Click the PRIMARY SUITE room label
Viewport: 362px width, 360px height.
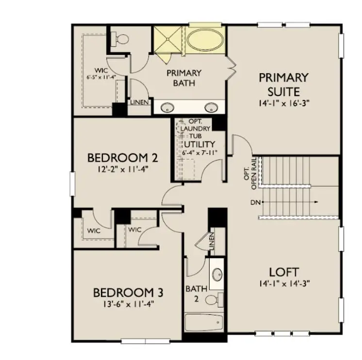coord(283,84)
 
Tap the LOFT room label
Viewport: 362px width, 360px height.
coord(284,272)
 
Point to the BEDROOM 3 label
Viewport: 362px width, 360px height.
coord(128,293)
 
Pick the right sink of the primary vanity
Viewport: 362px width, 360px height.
coord(211,107)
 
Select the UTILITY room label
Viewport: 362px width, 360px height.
coord(199,145)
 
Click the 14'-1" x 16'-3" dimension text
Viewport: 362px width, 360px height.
coord(284,103)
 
